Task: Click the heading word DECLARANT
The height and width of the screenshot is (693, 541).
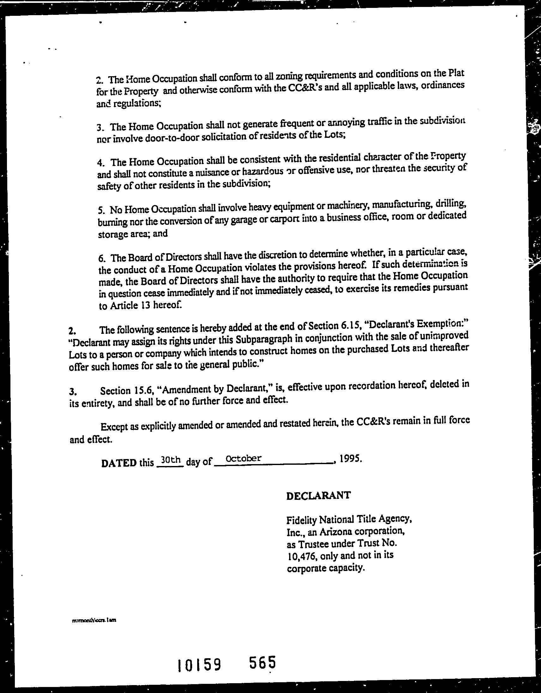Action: coord(319,495)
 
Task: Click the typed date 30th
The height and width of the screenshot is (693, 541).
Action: coord(170,459)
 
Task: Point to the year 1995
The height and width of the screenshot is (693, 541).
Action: coord(350,459)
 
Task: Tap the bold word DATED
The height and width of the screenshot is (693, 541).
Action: coord(119,463)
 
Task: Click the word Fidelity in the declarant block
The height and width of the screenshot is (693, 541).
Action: coord(301,520)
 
